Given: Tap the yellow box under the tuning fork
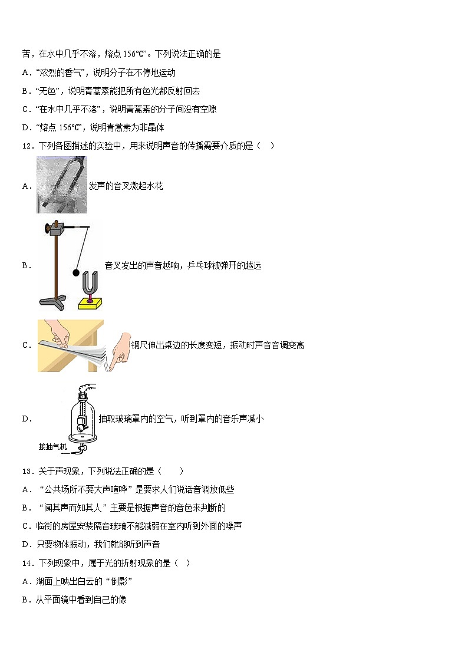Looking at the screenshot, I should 90,303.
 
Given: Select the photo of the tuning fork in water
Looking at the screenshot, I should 61,185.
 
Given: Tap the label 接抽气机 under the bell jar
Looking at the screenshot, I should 53,446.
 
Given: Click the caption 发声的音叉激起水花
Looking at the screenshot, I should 126,186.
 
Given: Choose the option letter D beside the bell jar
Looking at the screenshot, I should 26,419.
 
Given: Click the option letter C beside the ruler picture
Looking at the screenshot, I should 26,345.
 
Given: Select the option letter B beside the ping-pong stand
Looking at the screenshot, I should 26,266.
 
